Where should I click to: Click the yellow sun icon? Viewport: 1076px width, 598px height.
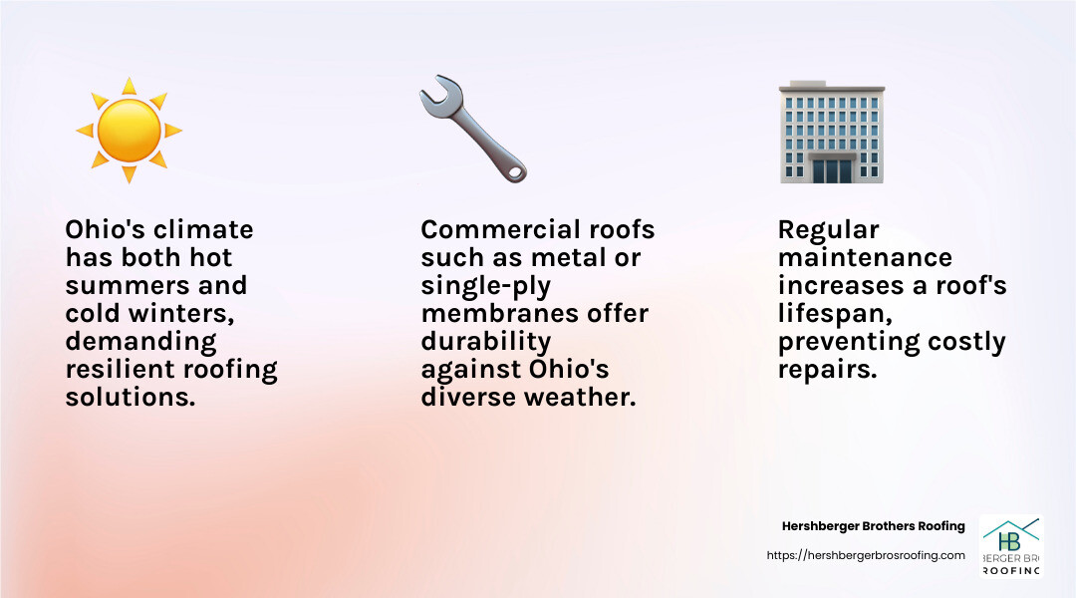coord(129,130)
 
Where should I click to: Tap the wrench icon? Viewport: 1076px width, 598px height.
coord(472,128)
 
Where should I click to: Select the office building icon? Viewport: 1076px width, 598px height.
coord(831,132)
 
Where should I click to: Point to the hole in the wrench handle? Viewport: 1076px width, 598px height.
coord(515,171)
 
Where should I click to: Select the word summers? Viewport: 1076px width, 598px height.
coord(109,286)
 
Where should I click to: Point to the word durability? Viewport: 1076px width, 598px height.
coord(485,342)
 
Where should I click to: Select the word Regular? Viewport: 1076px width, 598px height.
coord(828,230)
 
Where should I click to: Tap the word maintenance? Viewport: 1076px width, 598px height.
coord(865,258)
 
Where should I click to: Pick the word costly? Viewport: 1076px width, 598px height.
coord(967,342)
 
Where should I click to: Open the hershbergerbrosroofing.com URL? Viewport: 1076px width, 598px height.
coord(866,555)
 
